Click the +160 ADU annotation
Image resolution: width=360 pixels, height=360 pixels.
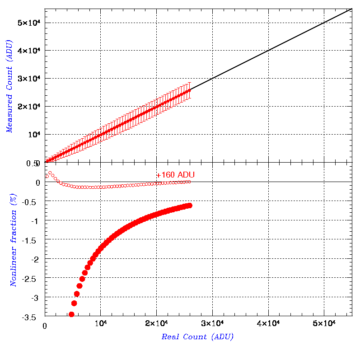coord(175,175)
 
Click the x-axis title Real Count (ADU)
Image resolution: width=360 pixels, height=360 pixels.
coord(197,337)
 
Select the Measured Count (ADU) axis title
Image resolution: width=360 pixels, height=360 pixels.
coord(9,86)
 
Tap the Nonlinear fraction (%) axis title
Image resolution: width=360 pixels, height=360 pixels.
coord(14,240)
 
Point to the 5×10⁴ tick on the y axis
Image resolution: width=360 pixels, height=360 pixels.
coord(29,23)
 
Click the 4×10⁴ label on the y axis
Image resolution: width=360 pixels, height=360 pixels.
coord(29,50)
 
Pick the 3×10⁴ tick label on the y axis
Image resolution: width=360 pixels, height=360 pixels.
coord(29,78)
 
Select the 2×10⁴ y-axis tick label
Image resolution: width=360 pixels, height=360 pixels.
coord(29,106)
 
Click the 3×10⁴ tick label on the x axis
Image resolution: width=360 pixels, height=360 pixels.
coord(212,323)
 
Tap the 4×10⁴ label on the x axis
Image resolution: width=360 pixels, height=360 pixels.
coord(268,323)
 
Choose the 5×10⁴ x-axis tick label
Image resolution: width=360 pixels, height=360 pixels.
coord(324,323)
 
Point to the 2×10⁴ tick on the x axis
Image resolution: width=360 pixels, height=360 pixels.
coord(156,323)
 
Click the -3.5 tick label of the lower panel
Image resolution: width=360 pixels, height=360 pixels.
coord(29,318)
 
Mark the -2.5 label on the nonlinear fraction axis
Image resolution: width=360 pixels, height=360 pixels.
coord(29,279)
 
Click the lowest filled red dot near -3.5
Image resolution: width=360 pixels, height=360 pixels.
coord(71,314)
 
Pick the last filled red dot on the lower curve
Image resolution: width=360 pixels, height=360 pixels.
coord(190,206)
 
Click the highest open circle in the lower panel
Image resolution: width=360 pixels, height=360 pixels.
coord(50,173)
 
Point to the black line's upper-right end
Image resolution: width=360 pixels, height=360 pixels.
coord(352,9)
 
